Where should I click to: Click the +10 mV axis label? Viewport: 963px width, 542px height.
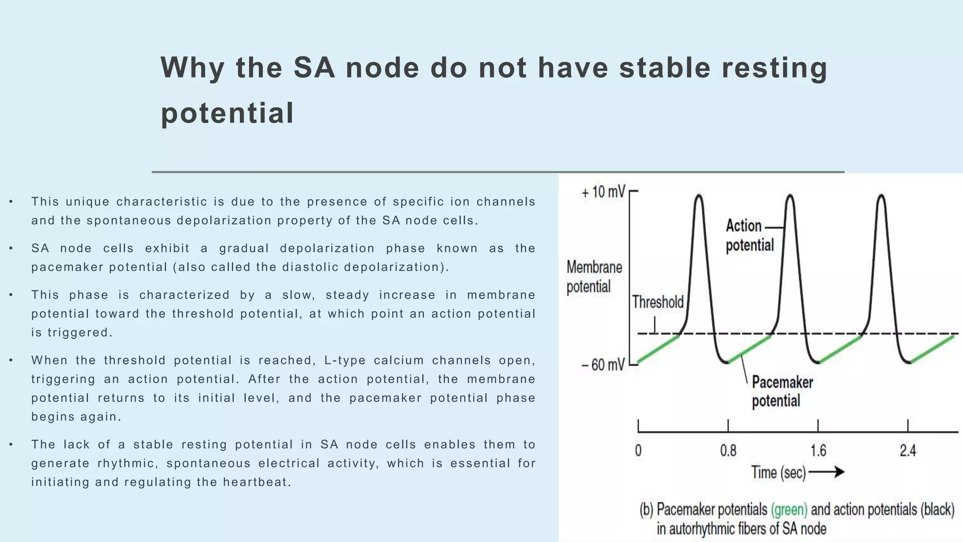tap(603, 192)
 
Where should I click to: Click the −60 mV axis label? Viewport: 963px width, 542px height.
tap(603, 365)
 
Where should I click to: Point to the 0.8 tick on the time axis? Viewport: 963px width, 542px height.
tap(728, 451)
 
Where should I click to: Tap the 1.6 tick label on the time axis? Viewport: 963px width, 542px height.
tap(818, 451)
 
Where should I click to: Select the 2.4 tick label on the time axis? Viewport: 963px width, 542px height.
tap(908, 451)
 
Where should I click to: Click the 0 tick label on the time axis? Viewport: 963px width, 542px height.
tap(638, 451)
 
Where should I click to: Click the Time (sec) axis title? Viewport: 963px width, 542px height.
tap(778, 472)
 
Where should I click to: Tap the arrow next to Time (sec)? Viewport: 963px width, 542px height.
tap(827, 472)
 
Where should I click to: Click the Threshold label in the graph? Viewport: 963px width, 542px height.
tap(657, 302)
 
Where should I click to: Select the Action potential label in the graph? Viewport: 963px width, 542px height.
tap(749, 235)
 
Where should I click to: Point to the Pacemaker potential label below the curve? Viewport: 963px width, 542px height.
tap(781, 391)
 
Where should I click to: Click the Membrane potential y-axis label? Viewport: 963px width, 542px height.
tap(594, 277)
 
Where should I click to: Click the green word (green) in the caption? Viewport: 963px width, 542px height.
tap(789, 510)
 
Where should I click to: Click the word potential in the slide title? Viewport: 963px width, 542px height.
tap(227, 113)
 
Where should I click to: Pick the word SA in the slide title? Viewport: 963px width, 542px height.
tap(314, 67)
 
